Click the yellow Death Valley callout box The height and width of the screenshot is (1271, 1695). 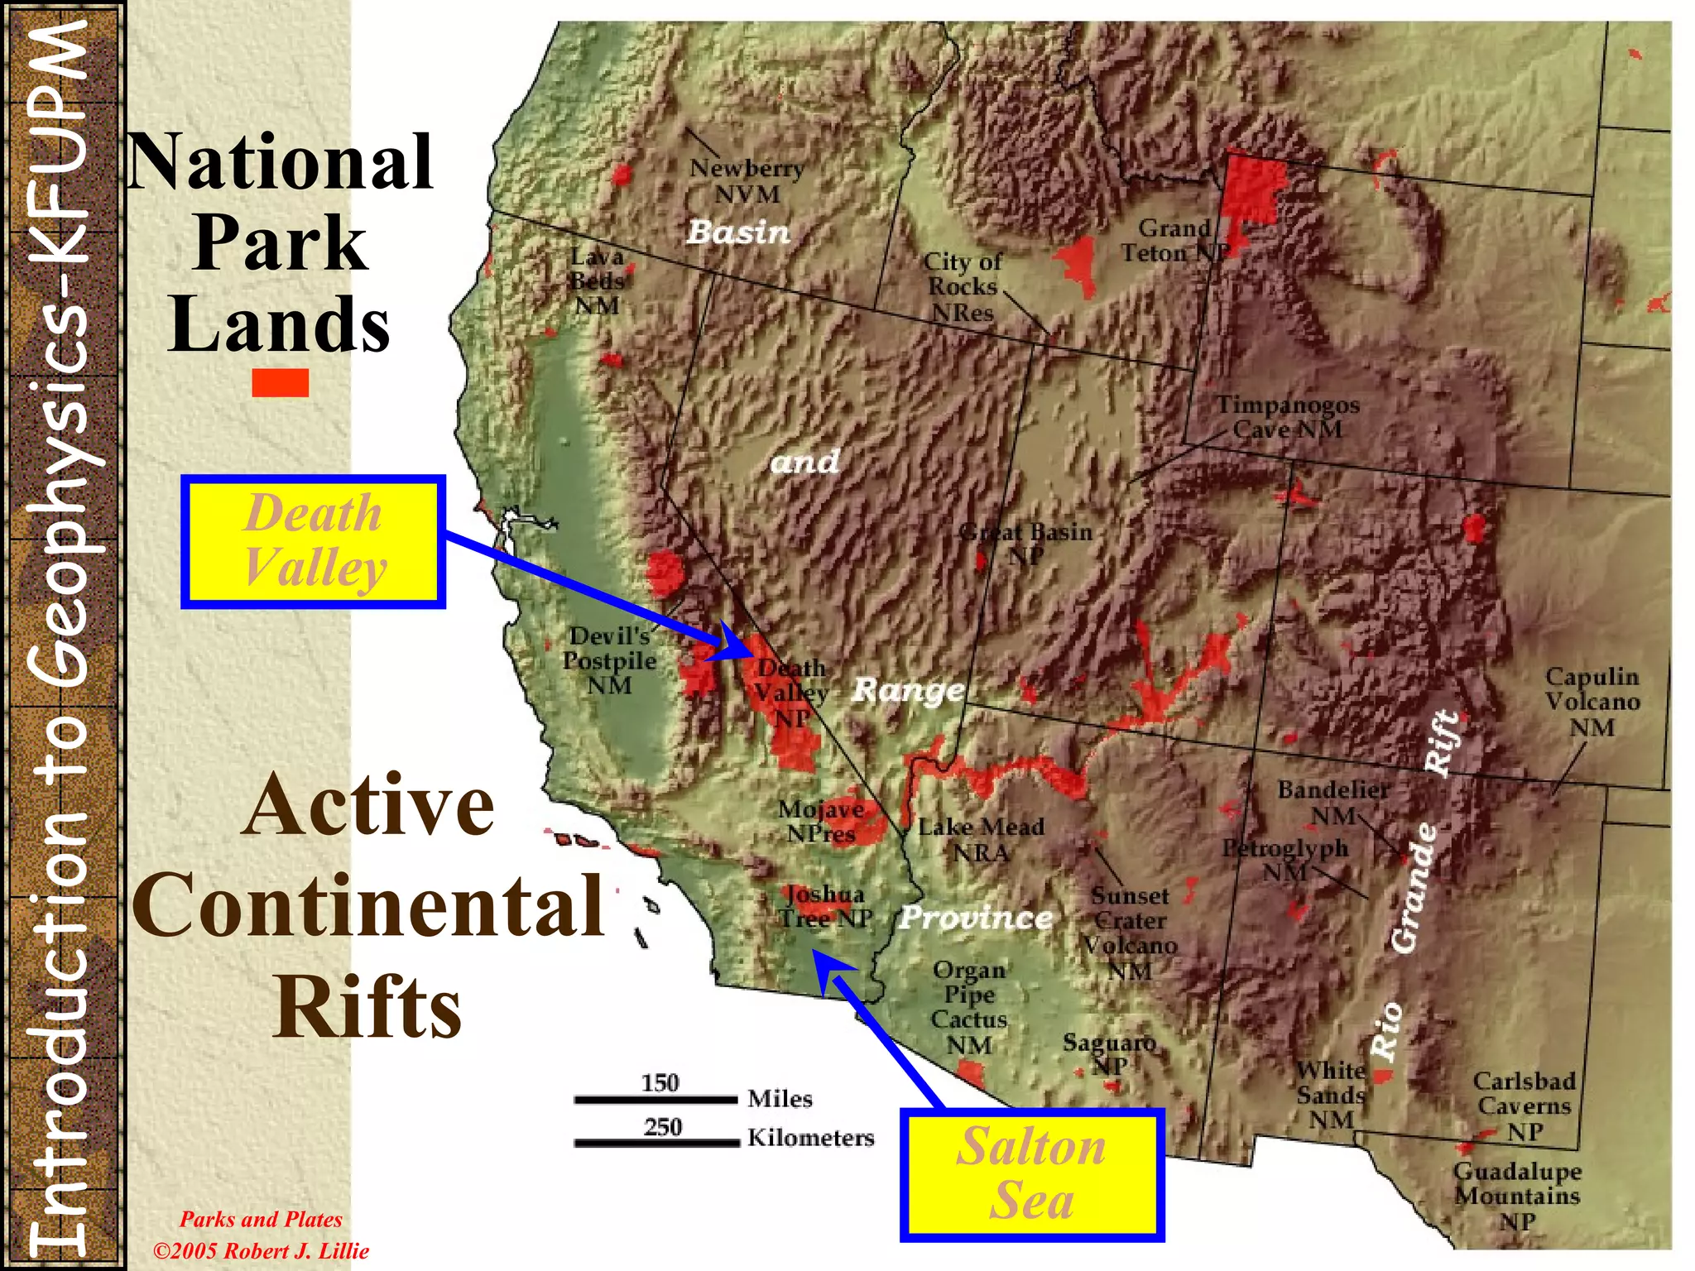pos(313,542)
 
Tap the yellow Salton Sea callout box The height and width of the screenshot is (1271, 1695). pos(1031,1174)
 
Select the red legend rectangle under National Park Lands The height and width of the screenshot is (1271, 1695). pos(281,382)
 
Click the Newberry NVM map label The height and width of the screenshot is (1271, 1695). pos(747,181)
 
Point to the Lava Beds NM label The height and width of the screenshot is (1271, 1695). pos(597,281)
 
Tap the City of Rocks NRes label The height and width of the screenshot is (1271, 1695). pos(962,286)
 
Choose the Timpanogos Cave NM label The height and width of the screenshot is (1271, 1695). pos(1287,417)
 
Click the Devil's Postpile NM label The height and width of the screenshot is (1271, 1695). pos(609,660)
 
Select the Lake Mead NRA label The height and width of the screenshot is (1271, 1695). pos(981,839)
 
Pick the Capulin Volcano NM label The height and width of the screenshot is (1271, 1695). pos(1592,702)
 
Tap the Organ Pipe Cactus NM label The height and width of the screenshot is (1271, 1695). pos(969,1007)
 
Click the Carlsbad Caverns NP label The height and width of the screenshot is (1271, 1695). pos(1524,1106)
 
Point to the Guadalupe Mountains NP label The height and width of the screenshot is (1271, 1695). pos(1517,1195)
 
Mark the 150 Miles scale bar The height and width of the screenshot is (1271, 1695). pos(655,1100)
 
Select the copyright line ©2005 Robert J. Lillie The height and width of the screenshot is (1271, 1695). pos(261,1250)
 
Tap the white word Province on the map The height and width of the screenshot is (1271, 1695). pos(976,917)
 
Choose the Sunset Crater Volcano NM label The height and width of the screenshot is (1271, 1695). pos(1130,933)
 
